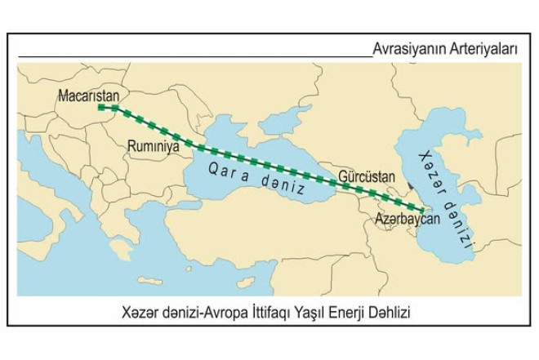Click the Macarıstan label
click(88, 96)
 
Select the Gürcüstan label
click(365, 176)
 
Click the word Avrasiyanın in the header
click(405, 49)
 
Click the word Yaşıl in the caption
click(306, 312)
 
